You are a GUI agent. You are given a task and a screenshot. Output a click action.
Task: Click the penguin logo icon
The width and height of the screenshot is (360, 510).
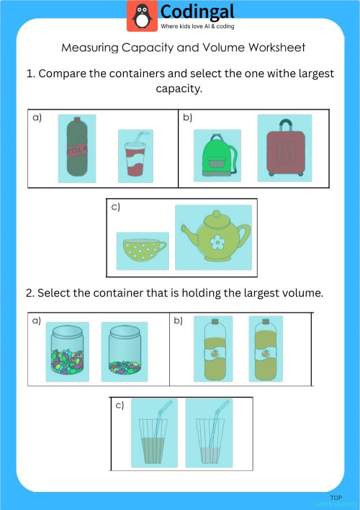pyautogui.click(x=142, y=16)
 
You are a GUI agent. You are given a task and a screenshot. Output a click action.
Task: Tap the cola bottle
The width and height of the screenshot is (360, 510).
pyautogui.click(x=76, y=148)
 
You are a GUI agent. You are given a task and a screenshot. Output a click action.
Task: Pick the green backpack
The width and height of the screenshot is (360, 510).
pyautogui.click(x=217, y=156)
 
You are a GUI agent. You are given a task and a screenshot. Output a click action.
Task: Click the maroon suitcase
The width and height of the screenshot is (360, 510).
pyautogui.click(x=284, y=148)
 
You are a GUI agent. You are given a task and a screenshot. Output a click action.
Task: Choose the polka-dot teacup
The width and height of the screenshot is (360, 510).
pyautogui.click(x=143, y=251)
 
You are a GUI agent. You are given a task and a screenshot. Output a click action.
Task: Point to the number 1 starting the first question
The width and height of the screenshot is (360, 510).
pyautogui.click(x=30, y=74)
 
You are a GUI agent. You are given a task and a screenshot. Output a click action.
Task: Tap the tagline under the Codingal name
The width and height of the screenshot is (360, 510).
pyautogui.click(x=202, y=27)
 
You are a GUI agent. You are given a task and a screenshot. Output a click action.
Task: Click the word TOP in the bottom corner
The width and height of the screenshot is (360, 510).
pyautogui.click(x=336, y=498)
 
